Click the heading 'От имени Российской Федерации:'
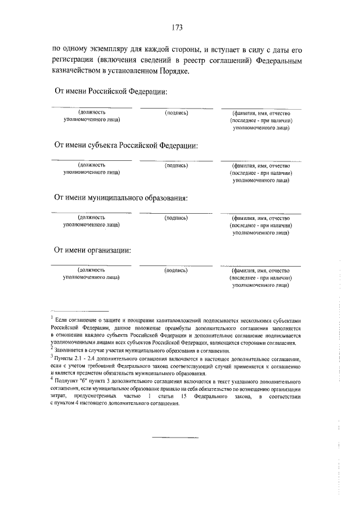pyautogui.click(x=111, y=92)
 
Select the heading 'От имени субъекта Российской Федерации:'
pyautogui.click(x=126, y=145)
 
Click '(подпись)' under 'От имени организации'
pyautogui.click(x=176, y=270)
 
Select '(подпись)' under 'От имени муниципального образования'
pyautogui.click(x=176, y=218)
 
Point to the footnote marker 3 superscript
pyautogui.click(x=52, y=356)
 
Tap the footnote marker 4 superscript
pyautogui.click(x=52, y=380)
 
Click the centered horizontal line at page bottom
pyautogui.click(x=176, y=436)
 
